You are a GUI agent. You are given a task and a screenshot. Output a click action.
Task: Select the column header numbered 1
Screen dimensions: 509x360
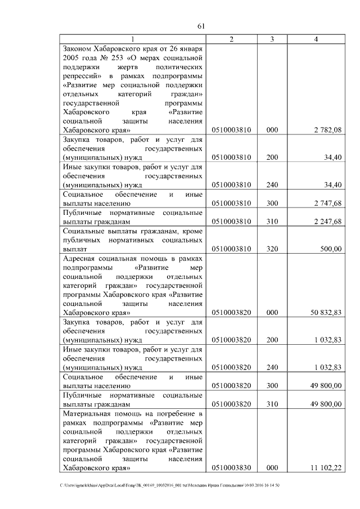tap(133, 39)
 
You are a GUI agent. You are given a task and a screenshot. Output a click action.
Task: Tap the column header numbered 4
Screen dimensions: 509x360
tap(316, 39)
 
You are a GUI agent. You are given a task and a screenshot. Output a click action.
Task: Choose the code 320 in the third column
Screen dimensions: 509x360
tap(272, 249)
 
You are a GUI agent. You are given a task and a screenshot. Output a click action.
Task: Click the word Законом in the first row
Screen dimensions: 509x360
tap(78, 48)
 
